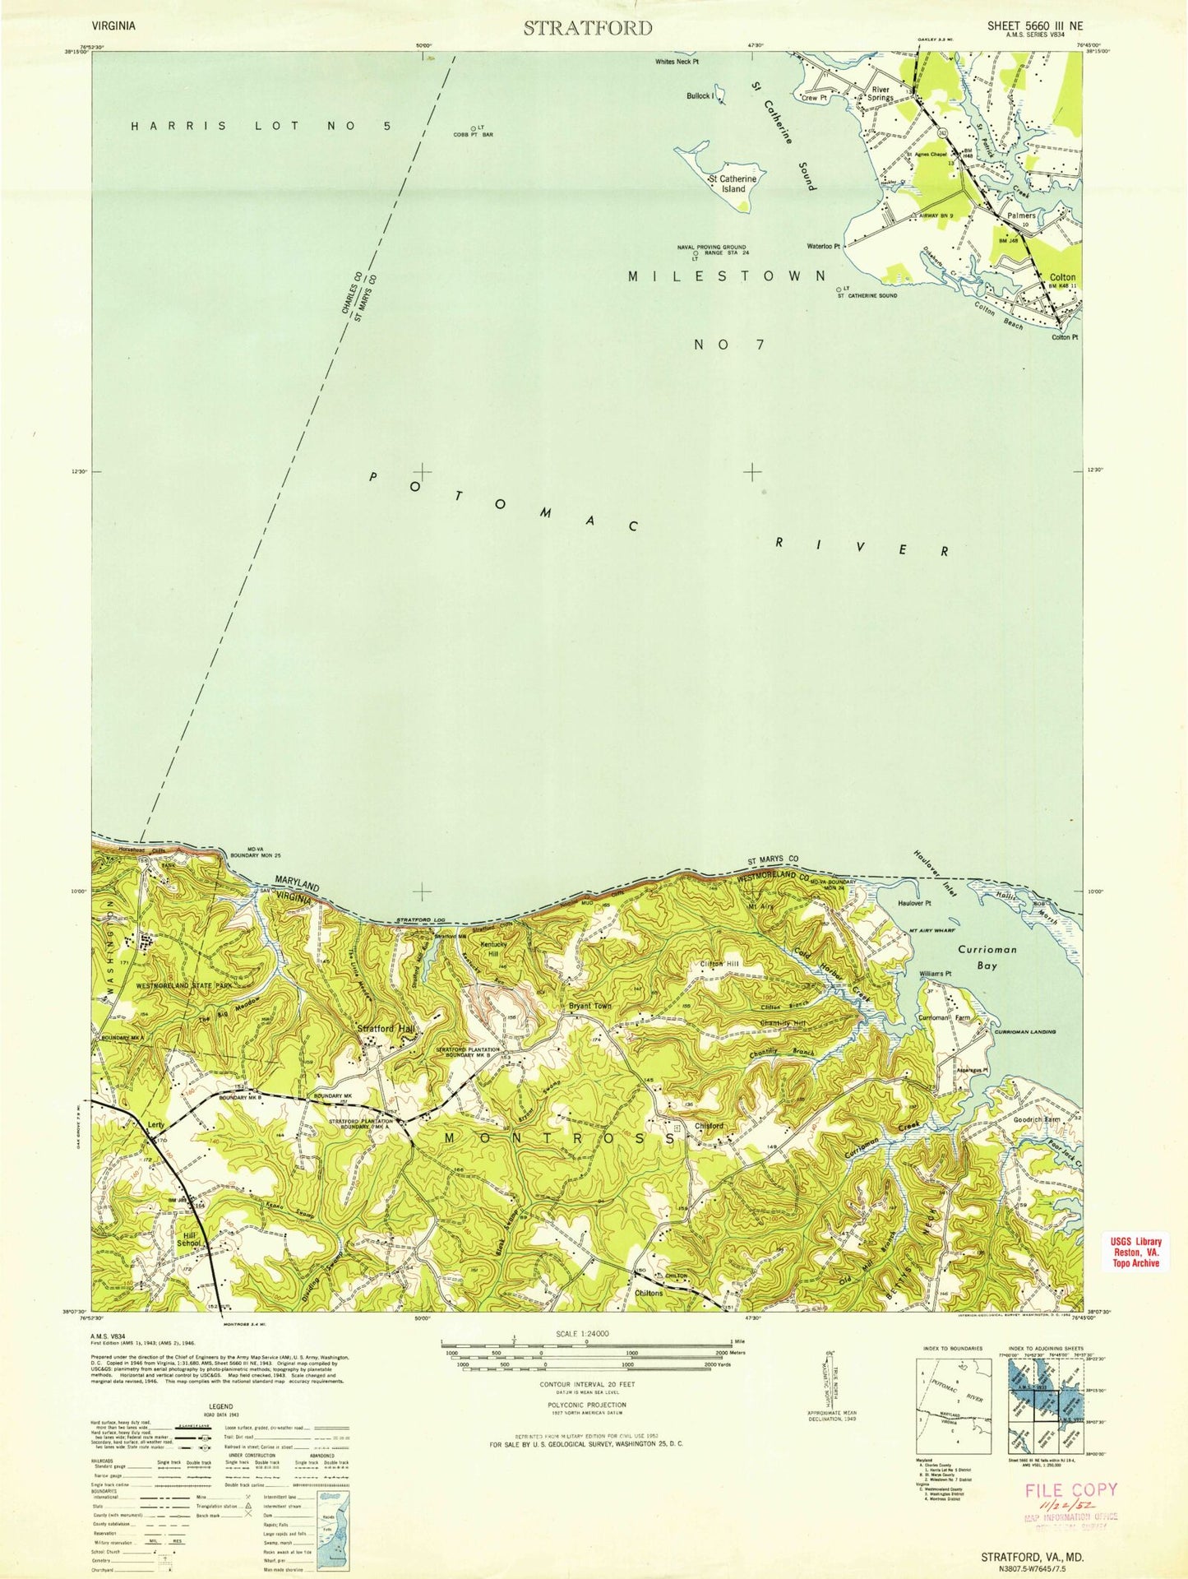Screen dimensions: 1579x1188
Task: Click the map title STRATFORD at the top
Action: coord(588,28)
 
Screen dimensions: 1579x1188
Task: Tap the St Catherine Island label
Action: coord(733,183)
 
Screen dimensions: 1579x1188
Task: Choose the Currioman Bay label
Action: coord(987,957)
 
